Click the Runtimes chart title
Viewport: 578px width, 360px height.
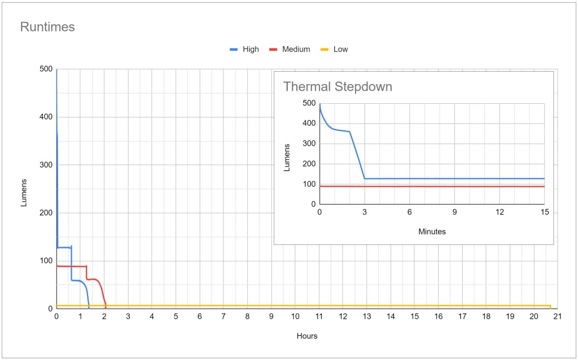click(47, 27)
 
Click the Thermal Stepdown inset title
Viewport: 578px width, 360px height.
click(337, 87)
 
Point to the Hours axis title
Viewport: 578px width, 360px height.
click(306, 336)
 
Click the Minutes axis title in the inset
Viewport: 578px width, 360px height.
click(432, 231)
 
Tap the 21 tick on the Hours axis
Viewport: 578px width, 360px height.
click(557, 317)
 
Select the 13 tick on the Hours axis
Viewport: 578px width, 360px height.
click(366, 317)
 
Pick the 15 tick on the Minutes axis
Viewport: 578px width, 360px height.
click(544, 212)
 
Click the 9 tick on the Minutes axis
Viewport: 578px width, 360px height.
click(454, 212)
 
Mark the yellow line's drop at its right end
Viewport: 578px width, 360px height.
click(550, 306)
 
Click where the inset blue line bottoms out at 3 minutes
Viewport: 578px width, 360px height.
click(365, 178)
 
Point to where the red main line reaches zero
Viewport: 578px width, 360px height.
click(106, 308)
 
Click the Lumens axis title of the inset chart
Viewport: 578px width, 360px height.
click(286, 154)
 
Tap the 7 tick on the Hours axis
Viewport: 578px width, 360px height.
click(224, 317)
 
